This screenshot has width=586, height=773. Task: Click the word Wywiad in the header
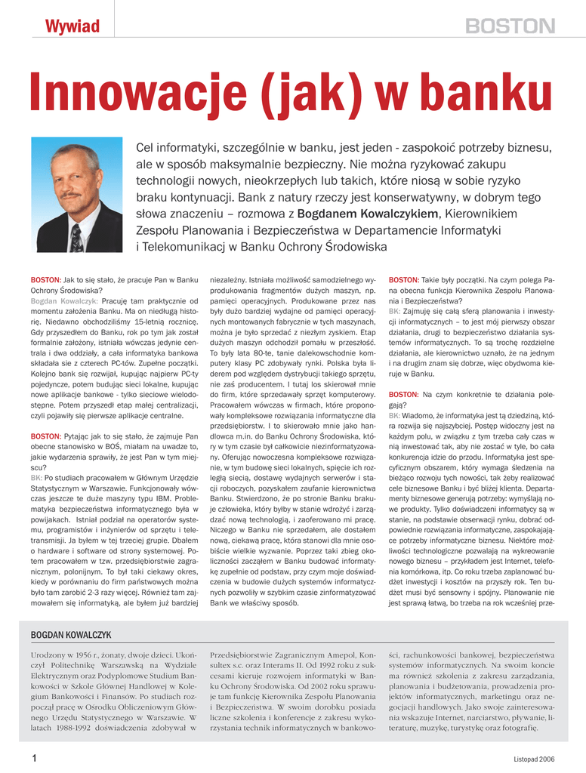pyautogui.click(x=72, y=27)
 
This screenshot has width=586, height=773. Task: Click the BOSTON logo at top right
pyautogui.click(x=509, y=27)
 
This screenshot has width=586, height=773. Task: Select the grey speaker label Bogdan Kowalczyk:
pyautogui.click(x=64, y=300)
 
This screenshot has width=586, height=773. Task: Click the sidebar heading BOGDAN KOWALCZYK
pyautogui.click(x=71, y=636)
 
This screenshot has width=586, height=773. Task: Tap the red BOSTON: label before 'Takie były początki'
pyautogui.click(x=403, y=279)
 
